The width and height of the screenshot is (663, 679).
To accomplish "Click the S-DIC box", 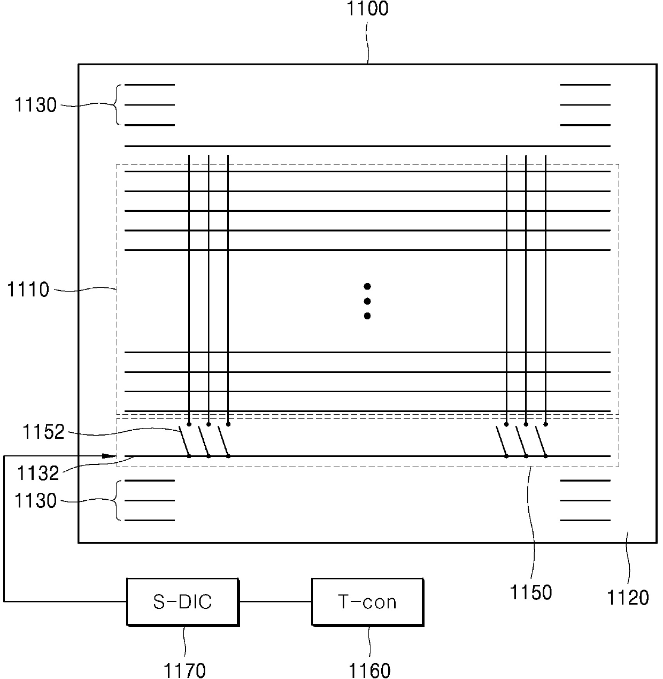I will pos(182,602).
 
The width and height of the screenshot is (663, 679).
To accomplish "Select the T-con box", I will pos(367,602).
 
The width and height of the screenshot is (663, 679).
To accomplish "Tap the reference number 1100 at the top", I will pos(367,9).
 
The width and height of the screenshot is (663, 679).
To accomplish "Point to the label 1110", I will pos(28,290).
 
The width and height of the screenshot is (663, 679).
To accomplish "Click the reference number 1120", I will pos(628,597).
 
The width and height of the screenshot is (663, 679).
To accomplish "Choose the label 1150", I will pos(531,592).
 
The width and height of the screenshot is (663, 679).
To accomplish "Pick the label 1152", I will pos(43,432).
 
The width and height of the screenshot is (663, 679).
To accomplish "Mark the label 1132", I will pos(37,473).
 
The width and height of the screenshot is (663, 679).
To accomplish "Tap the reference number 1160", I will pos(369,670).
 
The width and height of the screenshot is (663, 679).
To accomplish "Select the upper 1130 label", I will pos(35,105).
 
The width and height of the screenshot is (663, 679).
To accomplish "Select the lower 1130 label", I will pos(35,501).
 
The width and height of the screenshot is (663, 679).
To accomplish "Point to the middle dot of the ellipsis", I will pos(367,301).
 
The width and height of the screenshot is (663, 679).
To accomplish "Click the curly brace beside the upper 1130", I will pos(117,105).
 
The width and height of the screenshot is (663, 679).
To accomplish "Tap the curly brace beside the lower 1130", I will pos(117,500).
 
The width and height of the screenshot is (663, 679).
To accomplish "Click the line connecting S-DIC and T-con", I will pos(275,601).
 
